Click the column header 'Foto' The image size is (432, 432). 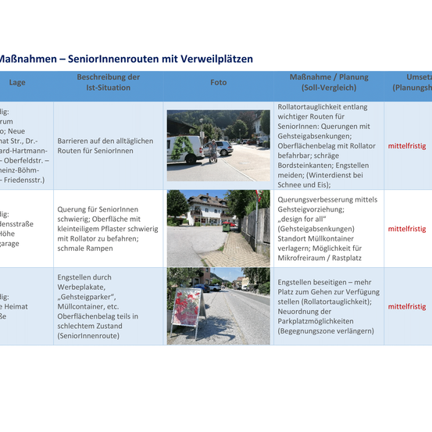tap(218, 82)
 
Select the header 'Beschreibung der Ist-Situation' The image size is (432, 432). tap(108, 82)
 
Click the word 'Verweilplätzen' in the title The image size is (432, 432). tap(218, 59)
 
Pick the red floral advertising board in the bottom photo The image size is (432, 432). tap(186, 305)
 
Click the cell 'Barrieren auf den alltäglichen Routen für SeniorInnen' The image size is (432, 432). tap(105, 145)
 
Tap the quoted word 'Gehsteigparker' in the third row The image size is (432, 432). tap(87, 296)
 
